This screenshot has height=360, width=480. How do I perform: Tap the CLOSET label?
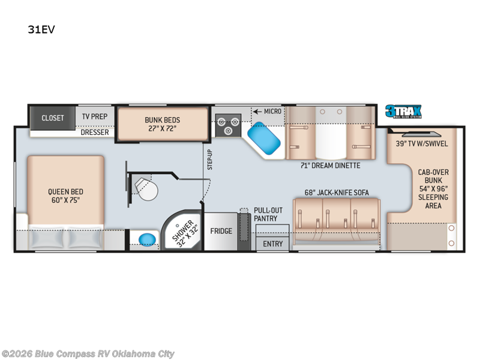click(x=52, y=118)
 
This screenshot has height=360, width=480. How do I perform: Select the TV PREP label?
click(x=94, y=118)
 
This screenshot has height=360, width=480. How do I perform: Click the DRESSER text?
click(x=95, y=132)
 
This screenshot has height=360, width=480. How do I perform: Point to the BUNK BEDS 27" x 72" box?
click(x=162, y=124)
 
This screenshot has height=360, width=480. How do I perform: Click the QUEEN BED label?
click(x=64, y=196)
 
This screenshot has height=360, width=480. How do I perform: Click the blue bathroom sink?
click(x=145, y=239)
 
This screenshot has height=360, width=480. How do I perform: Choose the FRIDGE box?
click(x=221, y=231)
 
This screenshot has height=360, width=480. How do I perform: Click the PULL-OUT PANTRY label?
click(x=265, y=215)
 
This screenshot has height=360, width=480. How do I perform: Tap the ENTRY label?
click(x=272, y=244)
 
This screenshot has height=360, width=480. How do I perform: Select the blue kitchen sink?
click(x=265, y=139)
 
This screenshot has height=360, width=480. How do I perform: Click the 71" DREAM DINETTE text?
click(x=330, y=166)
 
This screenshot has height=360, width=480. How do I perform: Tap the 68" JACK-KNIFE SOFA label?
click(x=336, y=193)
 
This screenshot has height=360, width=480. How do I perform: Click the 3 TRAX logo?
click(x=403, y=112)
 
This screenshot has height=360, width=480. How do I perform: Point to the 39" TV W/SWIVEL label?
click(x=422, y=143)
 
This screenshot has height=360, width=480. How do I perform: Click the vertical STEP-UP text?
click(x=210, y=159)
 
